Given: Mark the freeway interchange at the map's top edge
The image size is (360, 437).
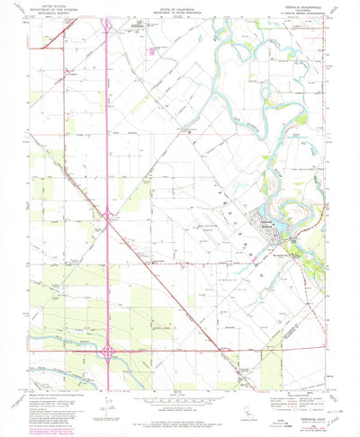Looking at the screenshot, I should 107,24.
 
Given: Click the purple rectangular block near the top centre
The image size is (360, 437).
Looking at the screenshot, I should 152,51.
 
